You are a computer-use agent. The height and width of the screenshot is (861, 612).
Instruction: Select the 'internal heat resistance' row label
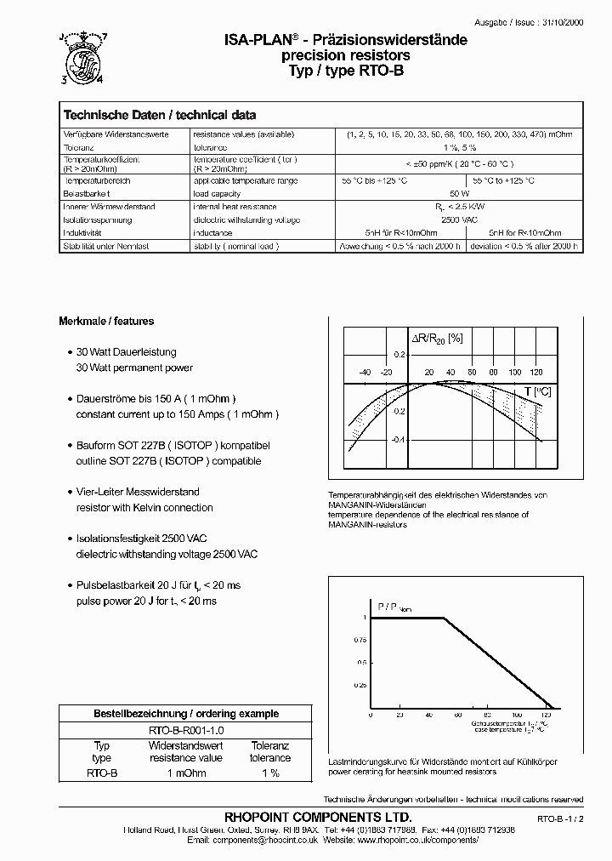tap(235, 207)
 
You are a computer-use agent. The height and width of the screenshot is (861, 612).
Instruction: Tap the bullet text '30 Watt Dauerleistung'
tap(127, 352)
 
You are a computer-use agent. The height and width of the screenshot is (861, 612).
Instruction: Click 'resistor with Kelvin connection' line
tap(144, 508)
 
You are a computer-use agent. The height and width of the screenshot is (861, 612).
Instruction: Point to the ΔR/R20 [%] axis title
tap(437, 339)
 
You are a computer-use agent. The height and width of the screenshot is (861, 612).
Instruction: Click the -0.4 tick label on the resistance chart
tap(398, 439)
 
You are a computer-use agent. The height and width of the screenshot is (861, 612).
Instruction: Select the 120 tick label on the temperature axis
tap(536, 373)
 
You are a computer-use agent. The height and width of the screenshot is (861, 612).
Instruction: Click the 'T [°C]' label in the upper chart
tap(537, 391)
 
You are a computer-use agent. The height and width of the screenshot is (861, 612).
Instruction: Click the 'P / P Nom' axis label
tap(393, 606)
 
